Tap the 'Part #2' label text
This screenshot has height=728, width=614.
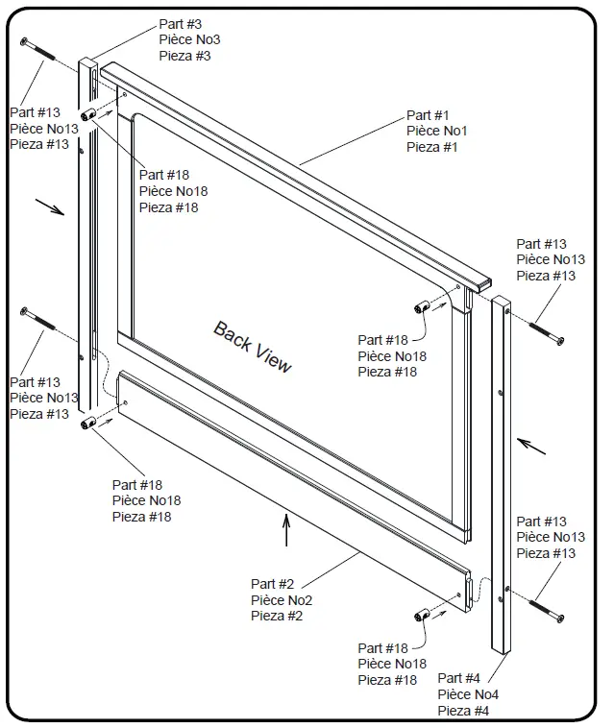[x=272, y=584]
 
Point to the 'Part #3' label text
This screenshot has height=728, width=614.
[x=181, y=23]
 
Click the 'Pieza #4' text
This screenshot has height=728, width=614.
[x=463, y=711]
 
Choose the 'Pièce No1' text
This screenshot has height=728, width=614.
[x=437, y=132]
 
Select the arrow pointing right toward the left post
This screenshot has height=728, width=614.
[x=50, y=206]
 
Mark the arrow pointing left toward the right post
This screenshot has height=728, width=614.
[x=531, y=446]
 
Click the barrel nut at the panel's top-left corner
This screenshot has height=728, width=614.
[x=88, y=115]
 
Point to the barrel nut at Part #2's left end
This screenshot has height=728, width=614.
[x=88, y=423]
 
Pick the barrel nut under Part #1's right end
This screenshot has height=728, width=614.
[x=421, y=308]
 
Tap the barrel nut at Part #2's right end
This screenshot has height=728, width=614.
[x=421, y=615]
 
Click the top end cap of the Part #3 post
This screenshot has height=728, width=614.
[x=88, y=63]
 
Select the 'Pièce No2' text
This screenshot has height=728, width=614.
[x=282, y=600]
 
